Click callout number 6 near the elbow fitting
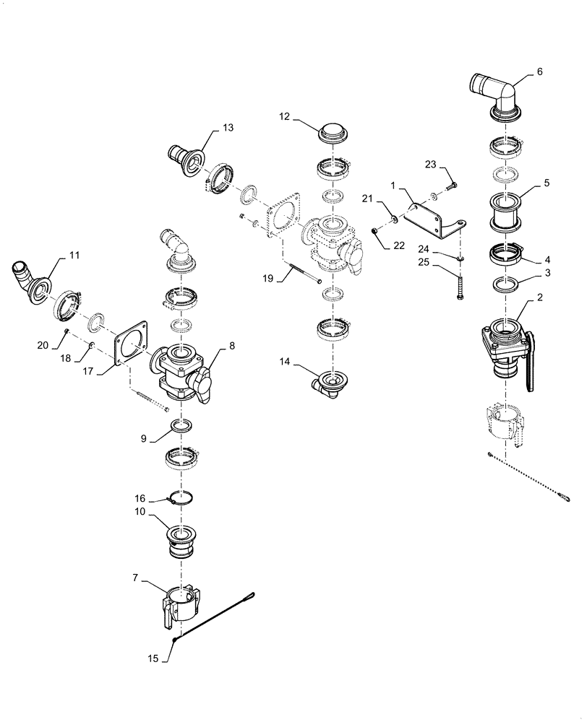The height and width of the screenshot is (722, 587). click(x=539, y=72)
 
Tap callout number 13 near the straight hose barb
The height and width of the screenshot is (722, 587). click(x=228, y=128)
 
